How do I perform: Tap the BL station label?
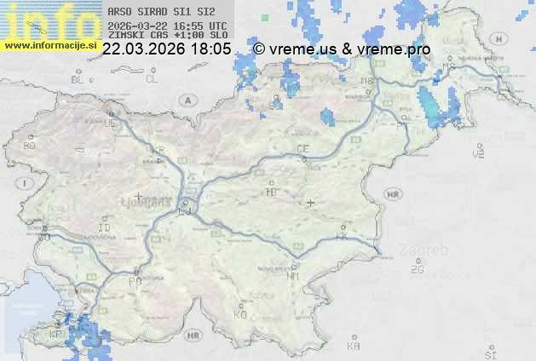pos(78,79)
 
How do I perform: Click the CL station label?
pos(152,79)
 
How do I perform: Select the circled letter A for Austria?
pos(186,99)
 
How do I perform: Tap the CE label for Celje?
pos(302,149)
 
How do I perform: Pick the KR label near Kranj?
pos(157,149)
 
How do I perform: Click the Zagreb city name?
pos(429,251)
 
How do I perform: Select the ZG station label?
pos(417,270)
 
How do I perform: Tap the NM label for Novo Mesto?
pos(294,277)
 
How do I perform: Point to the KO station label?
pos(240,314)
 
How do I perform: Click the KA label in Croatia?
pos(354,347)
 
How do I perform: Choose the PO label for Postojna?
pos(135,281)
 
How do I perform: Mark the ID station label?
pos(105,228)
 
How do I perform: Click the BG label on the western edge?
pos(30,146)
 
